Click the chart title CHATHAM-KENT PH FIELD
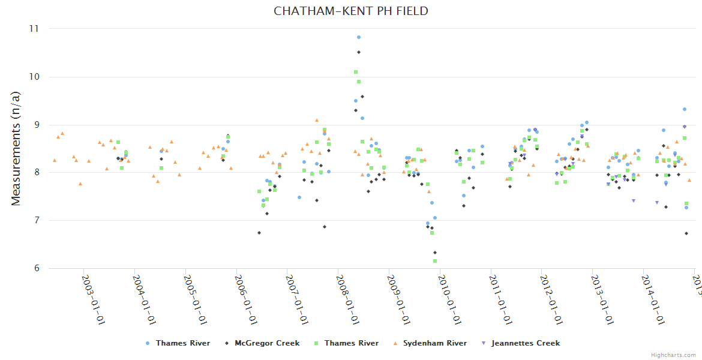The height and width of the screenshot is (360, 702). (351, 11)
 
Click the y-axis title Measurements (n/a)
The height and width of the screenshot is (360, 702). (16, 149)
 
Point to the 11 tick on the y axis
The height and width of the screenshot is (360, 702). (33, 29)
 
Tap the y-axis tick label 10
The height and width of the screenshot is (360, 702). (33, 77)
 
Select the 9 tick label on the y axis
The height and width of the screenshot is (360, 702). (35, 125)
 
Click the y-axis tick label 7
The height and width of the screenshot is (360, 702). (35, 221)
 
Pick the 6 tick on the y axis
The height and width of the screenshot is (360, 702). (35, 269)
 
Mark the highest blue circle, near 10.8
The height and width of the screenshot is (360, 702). (359, 37)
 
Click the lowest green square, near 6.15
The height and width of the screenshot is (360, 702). (435, 261)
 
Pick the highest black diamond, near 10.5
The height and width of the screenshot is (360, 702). (359, 52)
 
